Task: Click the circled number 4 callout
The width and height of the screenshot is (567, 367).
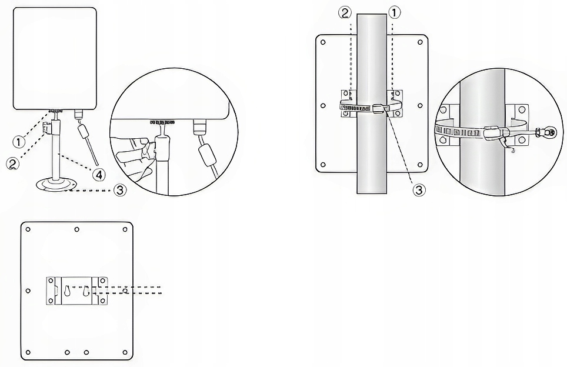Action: (x=98, y=175)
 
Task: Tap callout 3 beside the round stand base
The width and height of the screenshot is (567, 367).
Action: (x=121, y=190)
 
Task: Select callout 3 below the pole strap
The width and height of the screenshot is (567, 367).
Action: (x=419, y=190)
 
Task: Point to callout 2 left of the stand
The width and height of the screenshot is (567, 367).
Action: (x=13, y=164)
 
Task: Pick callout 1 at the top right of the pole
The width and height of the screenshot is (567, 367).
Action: (x=395, y=13)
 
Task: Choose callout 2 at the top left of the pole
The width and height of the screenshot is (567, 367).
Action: (x=345, y=13)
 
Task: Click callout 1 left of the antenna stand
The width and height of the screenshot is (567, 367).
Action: (x=19, y=141)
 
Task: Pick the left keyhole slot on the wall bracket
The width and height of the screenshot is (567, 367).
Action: (x=68, y=291)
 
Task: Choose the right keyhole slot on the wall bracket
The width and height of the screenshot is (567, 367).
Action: (x=86, y=291)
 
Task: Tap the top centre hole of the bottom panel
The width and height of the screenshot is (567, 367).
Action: (x=76, y=229)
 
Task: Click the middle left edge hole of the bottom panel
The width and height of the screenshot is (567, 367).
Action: (x=28, y=291)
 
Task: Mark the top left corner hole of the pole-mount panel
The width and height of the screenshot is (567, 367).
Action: (x=323, y=42)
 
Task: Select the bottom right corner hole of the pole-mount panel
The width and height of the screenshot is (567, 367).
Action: (x=420, y=165)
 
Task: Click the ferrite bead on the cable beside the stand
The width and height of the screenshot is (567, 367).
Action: (x=84, y=131)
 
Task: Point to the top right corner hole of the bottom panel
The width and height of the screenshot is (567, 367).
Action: (x=125, y=229)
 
